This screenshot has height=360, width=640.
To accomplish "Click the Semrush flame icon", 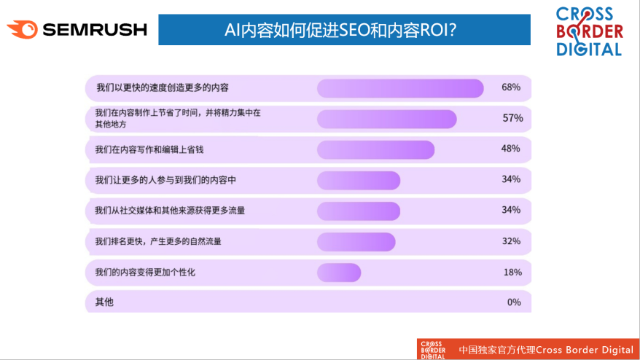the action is (x=23, y=29).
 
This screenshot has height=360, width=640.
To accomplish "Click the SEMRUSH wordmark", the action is (x=95, y=29).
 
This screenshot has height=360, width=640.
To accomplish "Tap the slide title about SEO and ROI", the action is (x=340, y=30).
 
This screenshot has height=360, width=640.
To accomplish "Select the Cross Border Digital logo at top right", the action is (x=590, y=31).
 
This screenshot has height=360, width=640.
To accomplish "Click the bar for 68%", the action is (x=400, y=88).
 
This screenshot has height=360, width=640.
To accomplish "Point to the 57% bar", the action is (x=386, y=120).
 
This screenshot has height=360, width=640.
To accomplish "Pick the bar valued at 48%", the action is (x=375, y=150).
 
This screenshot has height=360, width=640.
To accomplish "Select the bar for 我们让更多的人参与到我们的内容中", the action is (x=359, y=181).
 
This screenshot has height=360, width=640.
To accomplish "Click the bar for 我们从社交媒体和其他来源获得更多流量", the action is (x=359, y=211).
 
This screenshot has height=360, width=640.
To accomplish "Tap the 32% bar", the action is (x=356, y=242).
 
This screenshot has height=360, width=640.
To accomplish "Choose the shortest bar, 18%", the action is (x=339, y=273).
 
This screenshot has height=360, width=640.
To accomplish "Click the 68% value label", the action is (x=511, y=87).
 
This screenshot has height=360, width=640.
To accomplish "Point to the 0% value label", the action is (x=514, y=302).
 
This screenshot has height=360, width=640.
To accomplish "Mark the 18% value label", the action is (x=512, y=273).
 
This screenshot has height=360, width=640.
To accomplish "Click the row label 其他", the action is (x=104, y=302).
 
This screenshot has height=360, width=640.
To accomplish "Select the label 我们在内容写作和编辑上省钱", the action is (x=149, y=150).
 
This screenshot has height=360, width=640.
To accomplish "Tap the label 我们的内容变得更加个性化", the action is (x=145, y=273).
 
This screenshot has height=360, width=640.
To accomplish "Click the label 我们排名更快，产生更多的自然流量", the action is (x=158, y=241).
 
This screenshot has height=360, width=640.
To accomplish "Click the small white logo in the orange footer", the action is (x=433, y=351).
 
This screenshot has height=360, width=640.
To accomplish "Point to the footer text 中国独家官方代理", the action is (x=496, y=350).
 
